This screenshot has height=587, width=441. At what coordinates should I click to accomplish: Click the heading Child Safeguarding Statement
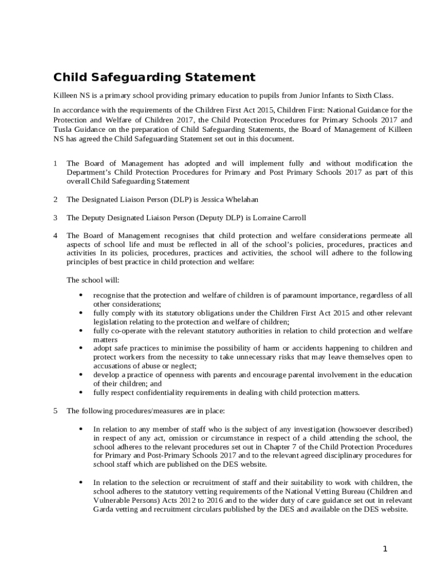point(154,77)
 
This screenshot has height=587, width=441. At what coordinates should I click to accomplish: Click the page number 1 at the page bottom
point(385,549)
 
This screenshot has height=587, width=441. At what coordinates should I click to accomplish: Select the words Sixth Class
point(375,96)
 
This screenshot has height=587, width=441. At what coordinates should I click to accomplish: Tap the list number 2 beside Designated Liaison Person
point(56,199)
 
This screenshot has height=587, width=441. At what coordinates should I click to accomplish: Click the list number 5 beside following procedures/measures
point(56,410)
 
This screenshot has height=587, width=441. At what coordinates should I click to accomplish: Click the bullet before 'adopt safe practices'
point(80,349)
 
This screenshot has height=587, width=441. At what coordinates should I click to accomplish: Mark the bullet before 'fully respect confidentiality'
point(80,393)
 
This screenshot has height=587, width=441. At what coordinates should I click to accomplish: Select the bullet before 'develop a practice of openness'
point(80,375)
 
